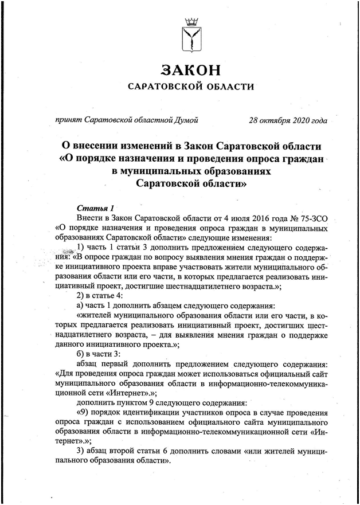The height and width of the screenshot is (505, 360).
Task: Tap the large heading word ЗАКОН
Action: click(190, 70)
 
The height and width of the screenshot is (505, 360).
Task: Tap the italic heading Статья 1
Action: click(96, 208)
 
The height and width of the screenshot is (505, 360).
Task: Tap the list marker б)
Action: click(81, 353)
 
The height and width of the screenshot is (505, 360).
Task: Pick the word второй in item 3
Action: click(134, 451)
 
